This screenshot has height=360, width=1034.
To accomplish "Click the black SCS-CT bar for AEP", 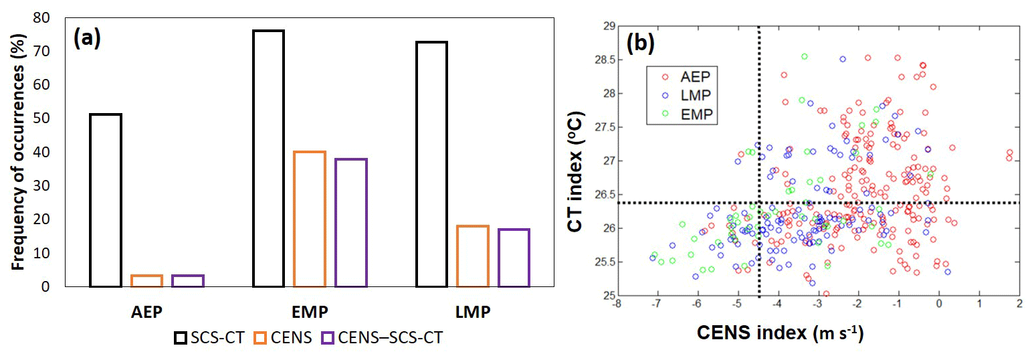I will pyautogui.click(x=105, y=200).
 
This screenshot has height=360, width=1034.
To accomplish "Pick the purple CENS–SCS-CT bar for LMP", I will pyautogui.click(x=514, y=258).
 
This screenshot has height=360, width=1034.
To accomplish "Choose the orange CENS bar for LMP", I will pyautogui.click(x=473, y=256).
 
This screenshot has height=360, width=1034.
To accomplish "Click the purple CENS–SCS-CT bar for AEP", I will pyautogui.click(x=188, y=281).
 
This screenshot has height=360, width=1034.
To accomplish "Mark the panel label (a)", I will pyautogui.click(x=87, y=38).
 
